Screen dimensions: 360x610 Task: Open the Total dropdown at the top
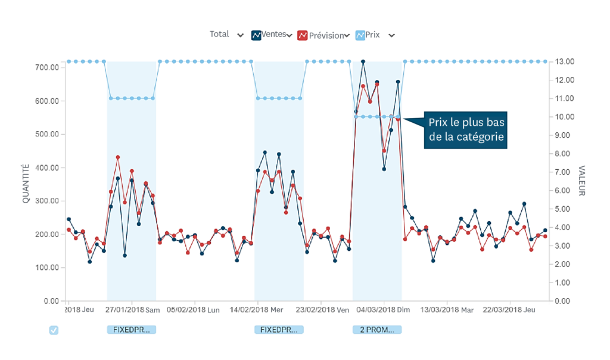[x=226, y=35]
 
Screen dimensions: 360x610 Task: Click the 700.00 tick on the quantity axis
[x=47, y=67]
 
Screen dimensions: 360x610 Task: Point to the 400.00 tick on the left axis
[x=47, y=167]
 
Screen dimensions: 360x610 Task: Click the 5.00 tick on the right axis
[x=563, y=209]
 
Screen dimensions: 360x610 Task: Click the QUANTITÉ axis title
[x=26, y=184]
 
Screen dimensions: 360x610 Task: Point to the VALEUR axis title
[x=582, y=181]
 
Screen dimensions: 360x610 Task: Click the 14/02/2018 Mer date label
[x=257, y=310]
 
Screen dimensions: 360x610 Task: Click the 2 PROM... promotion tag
[x=377, y=330]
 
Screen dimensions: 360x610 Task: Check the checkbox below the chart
[x=54, y=330]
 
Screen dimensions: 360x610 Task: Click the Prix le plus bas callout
[x=466, y=130]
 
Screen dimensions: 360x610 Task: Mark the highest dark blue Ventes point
[x=363, y=61]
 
